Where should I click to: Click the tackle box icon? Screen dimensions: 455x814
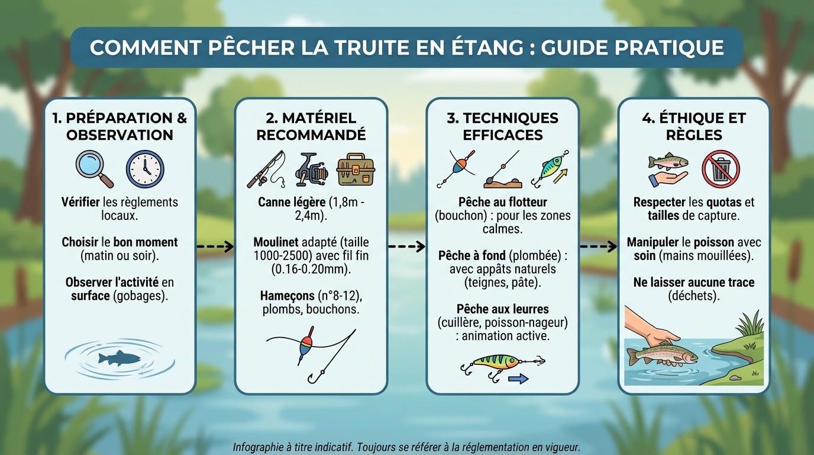tap(356, 170)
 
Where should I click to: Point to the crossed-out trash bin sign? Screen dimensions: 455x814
tap(721, 169)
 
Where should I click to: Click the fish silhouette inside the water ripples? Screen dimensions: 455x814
tap(119, 358)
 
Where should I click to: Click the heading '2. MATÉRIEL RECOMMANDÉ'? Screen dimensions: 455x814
tap(311, 126)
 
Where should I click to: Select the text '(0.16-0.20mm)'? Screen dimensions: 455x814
tap(311, 269)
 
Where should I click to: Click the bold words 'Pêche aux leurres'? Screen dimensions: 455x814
tap(502, 309)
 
